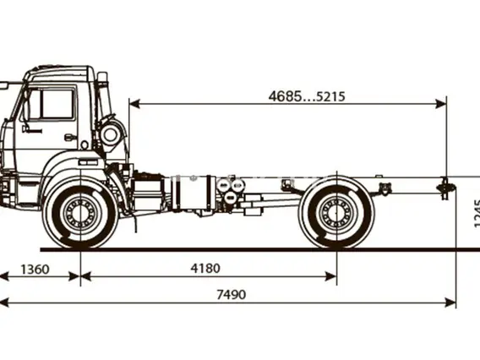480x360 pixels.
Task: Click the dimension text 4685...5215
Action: click(x=307, y=96)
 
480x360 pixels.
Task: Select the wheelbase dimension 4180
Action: click(x=205, y=269)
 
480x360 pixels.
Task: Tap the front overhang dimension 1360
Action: click(x=35, y=270)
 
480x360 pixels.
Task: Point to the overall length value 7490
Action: click(x=231, y=294)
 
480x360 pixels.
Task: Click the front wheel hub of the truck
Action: click(x=80, y=210)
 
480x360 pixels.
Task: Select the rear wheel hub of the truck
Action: click(x=336, y=210)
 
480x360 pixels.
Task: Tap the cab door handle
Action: click(x=70, y=137)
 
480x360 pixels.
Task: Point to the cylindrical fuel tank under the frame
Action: click(x=193, y=193)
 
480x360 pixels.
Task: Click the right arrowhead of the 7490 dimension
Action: click(x=450, y=303)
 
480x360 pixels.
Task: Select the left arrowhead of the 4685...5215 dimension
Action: click(x=134, y=104)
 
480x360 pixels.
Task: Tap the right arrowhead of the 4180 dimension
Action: click(x=331, y=276)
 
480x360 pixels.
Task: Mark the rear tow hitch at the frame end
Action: click(x=445, y=187)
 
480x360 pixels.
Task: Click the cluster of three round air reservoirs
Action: click(x=230, y=190)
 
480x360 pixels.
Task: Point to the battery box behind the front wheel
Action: click(x=148, y=190)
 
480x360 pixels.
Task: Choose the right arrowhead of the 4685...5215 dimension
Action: click(x=441, y=104)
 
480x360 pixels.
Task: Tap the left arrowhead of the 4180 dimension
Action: click(x=86, y=276)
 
